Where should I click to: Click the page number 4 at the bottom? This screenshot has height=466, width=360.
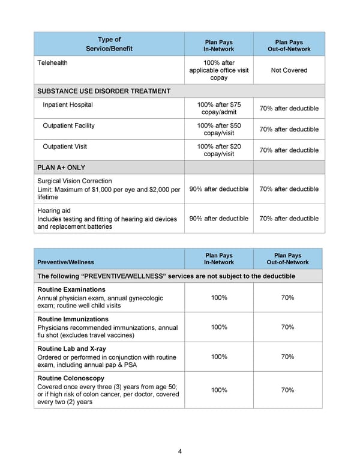point(180,452)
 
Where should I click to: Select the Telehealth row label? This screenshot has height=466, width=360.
point(52,63)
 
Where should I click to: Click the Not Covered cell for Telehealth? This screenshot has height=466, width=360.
point(289,70)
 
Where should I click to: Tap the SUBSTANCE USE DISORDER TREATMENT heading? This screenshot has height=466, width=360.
point(104,91)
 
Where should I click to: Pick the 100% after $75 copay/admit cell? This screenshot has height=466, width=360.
point(218,109)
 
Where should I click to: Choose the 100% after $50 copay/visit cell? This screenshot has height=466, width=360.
point(218,129)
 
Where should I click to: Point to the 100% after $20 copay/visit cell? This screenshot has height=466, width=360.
point(218,150)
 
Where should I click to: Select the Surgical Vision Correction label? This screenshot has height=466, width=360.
point(74,181)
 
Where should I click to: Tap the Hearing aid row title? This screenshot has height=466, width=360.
point(53,211)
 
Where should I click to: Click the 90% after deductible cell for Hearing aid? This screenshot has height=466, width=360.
point(218,219)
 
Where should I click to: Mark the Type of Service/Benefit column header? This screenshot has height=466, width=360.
point(109,44)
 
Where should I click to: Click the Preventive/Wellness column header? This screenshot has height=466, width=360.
point(65,262)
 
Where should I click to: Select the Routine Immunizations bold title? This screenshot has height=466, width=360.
point(73,319)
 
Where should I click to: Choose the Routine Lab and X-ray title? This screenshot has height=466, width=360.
point(71,349)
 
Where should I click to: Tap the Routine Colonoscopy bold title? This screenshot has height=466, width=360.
point(71,378)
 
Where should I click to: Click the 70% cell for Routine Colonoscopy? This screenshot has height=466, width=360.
point(288,390)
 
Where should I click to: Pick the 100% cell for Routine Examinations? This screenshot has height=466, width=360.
point(218,298)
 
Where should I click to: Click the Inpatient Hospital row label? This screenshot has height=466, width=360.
point(68,105)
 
